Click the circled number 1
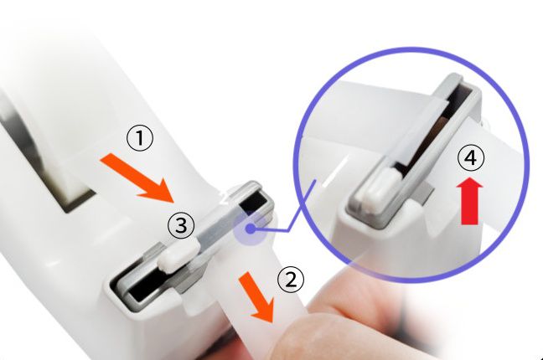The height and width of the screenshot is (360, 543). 140,138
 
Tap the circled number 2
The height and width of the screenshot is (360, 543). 291,279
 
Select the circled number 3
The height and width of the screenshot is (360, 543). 181,225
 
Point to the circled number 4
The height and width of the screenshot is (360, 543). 470,157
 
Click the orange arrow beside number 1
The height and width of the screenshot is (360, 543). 138,177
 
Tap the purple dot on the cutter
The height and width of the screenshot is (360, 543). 250,229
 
